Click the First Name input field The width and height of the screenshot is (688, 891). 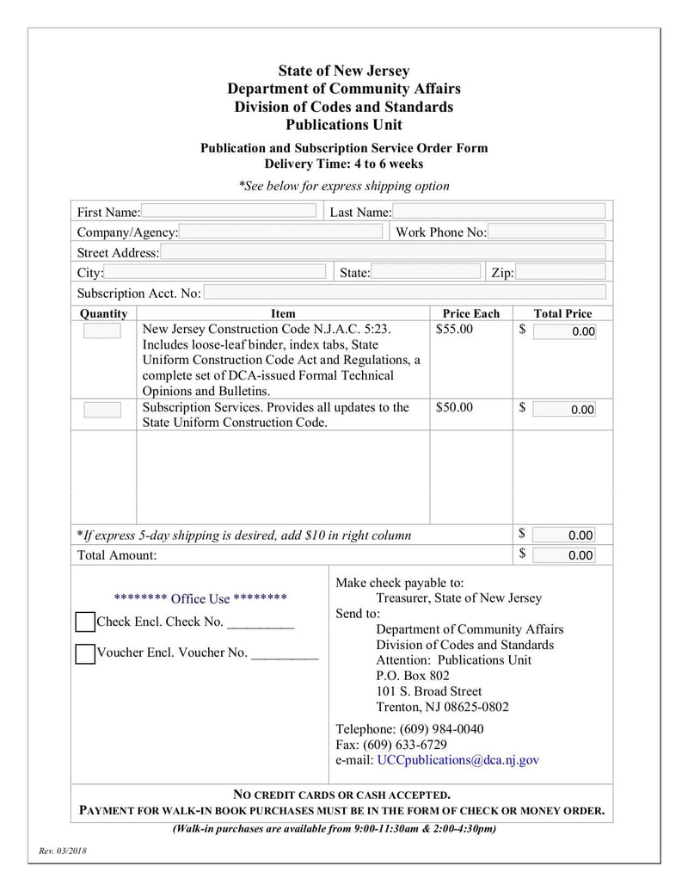[228, 212]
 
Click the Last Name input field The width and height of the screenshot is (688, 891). [499, 212]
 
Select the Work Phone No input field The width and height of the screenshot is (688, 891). [547, 232]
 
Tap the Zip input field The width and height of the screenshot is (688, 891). [560, 273]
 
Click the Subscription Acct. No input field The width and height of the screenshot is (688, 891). [404, 293]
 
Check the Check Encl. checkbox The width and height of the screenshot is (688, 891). [85, 622]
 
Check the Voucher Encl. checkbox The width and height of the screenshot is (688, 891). [85, 653]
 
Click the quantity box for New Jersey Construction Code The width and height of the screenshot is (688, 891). [102, 331]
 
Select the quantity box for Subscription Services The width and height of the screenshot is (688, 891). [102, 409]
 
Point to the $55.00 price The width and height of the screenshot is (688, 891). [454, 329]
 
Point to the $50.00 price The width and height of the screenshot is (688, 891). [454, 407]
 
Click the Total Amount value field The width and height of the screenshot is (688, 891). [563, 555]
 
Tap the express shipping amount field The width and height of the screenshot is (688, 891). [563, 535]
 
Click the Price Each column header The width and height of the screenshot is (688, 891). [470, 313]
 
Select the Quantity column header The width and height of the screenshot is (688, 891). [103, 313]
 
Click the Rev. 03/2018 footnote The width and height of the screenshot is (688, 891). [63, 851]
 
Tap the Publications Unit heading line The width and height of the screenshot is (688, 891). [344, 125]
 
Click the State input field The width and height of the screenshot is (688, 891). [426, 273]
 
